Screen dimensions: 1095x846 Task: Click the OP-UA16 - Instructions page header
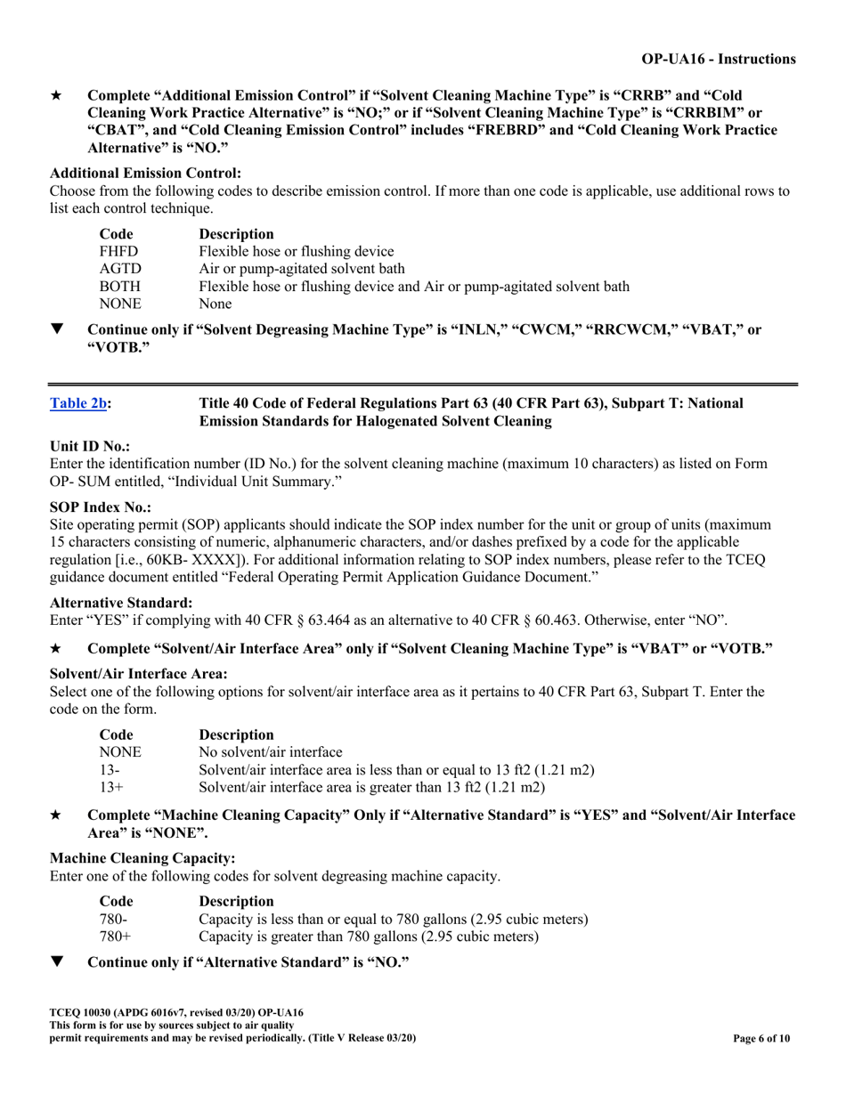point(719,59)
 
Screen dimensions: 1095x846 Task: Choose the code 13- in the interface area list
point(109,769)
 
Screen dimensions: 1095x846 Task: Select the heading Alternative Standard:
point(119,603)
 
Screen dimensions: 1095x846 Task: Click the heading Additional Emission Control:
point(145,173)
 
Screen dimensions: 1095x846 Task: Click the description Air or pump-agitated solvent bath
point(302,269)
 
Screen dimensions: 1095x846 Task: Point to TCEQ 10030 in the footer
point(82,1013)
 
